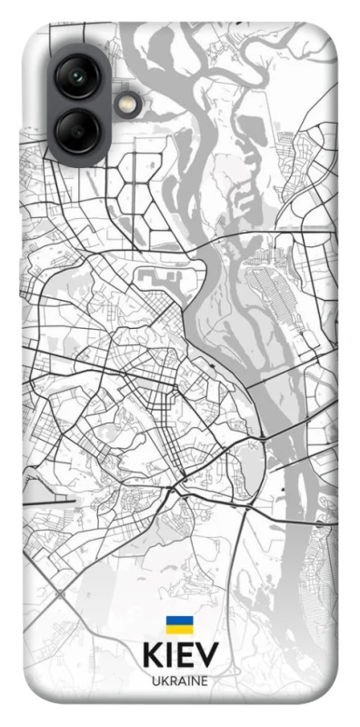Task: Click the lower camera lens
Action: point(78,130)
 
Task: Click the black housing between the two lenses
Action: point(78,103)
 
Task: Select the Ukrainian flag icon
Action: point(179,624)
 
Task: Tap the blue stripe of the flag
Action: point(179,621)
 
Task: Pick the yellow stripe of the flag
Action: point(179,629)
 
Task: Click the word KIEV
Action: point(180,657)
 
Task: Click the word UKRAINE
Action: point(180,681)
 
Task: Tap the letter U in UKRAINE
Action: point(156,681)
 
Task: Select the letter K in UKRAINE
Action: point(165,681)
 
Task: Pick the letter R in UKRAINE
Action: point(173,681)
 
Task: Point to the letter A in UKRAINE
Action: point(181,681)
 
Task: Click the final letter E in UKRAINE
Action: point(203,681)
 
